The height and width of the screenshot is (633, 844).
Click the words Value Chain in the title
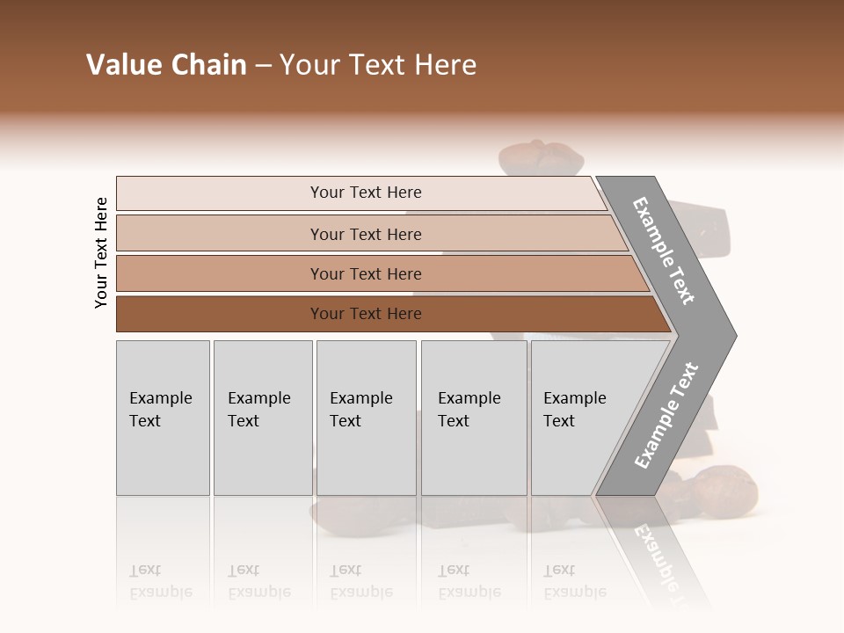[x=166, y=65]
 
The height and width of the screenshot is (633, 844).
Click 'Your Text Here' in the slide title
[x=378, y=65]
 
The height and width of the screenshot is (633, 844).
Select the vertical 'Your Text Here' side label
[x=101, y=252]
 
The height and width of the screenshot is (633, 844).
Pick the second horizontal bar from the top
[x=365, y=234]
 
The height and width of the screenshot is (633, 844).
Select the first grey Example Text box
[x=163, y=418]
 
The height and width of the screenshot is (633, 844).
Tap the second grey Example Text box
[x=262, y=418]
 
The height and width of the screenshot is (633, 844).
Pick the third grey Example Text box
[x=366, y=418]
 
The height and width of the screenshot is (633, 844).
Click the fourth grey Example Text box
[x=474, y=418]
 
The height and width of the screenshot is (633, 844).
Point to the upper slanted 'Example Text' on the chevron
[x=665, y=251]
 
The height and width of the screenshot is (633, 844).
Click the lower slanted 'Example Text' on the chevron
[x=666, y=415]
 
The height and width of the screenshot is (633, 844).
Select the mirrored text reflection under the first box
[x=162, y=581]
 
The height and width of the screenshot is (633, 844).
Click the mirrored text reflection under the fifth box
[x=575, y=581]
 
